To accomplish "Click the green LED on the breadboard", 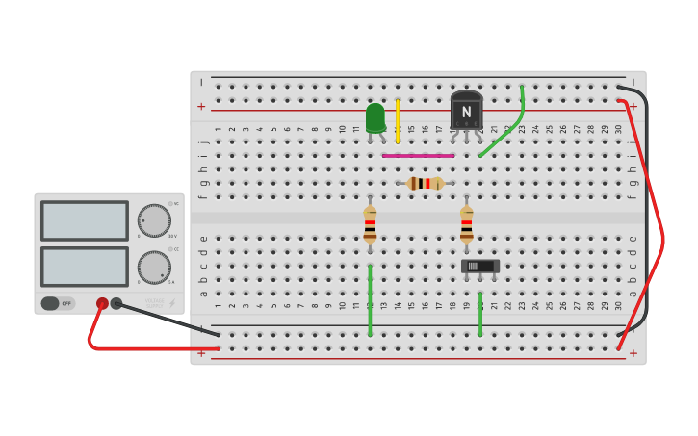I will coord(375,117).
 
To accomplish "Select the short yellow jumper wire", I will coord(398,120).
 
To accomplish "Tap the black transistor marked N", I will coord(466,111).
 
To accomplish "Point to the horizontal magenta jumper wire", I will coord(418,155).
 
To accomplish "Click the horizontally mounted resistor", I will coord(425,183).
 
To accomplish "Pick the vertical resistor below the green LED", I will coord(370,224).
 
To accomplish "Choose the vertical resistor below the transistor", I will coord(466,224).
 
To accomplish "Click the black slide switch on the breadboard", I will coord(479,266).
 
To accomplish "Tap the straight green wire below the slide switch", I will coord(480,314).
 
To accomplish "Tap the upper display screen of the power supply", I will coord(85,220).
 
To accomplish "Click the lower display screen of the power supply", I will coord(85,267).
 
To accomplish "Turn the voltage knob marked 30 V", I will coord(154,220).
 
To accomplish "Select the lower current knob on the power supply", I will coord(154,267).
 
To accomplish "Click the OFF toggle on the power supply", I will coord(57,303).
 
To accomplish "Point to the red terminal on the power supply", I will coord(102,303).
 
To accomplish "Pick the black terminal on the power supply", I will coord(116,303).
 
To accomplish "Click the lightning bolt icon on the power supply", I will coord(172,303).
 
